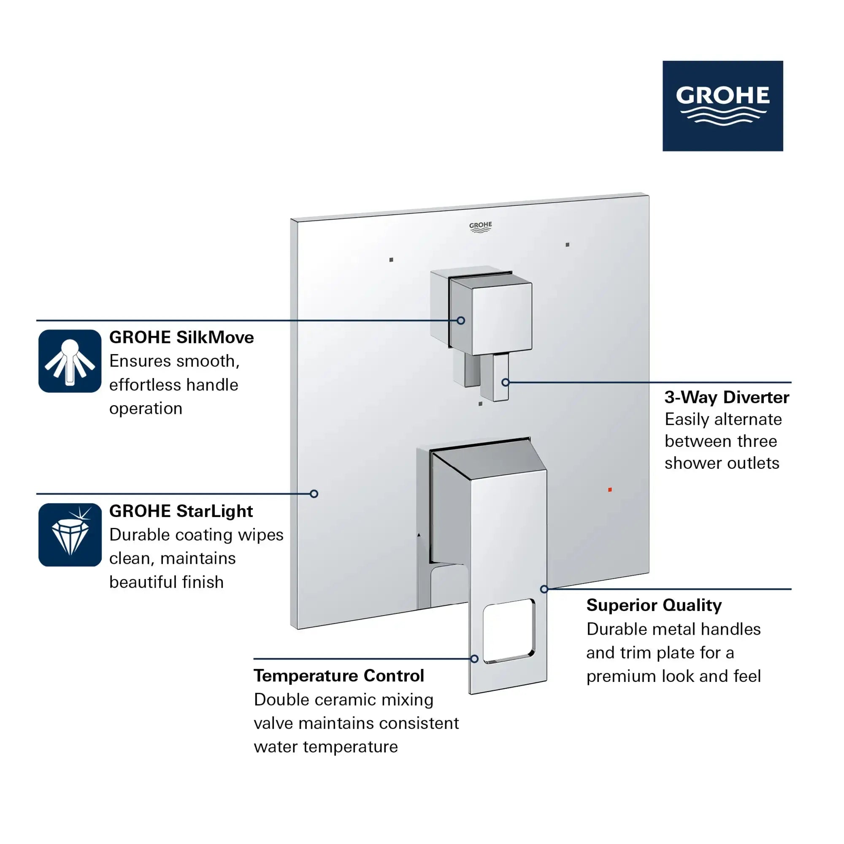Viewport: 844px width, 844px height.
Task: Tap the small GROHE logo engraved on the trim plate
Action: coord(481,227)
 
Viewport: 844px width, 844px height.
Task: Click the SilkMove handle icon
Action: coord(70,361)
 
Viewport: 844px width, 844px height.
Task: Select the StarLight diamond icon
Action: coord(70,535)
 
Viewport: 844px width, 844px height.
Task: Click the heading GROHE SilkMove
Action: coord(181,337)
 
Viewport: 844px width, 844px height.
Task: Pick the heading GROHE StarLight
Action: coord(181,511)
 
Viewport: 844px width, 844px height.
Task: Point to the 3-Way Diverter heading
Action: coord(727,397)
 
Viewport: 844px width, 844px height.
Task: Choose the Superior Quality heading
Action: coord(654,605)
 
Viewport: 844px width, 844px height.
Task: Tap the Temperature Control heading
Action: coord(339,675)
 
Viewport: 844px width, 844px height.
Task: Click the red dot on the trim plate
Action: coord(610,490)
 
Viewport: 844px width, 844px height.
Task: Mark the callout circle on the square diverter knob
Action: coord(461,320)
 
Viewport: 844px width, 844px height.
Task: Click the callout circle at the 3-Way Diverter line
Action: coord(506,382)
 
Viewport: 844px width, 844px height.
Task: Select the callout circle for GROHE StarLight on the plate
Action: coord(314,494)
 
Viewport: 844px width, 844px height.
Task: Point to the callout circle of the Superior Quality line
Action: coord(544,589)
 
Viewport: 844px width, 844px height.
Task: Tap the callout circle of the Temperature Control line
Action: coord(474,659)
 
